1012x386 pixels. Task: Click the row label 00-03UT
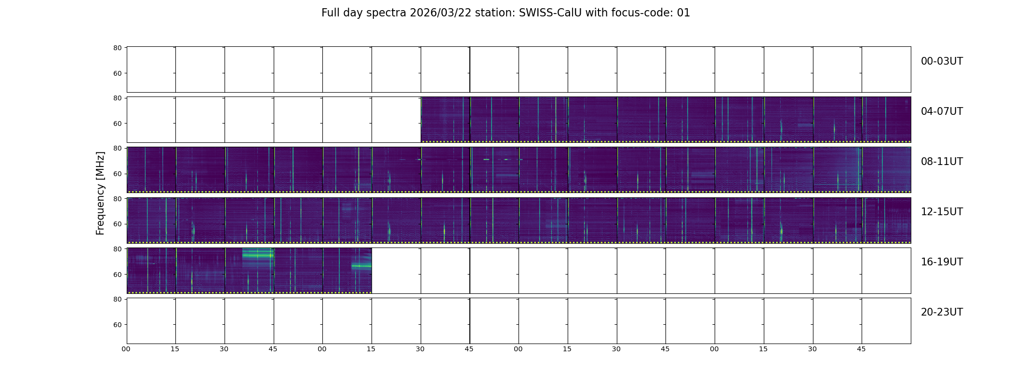(x=942, y=61)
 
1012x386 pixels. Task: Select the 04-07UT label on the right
(x=942, y=111)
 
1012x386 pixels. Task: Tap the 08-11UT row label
(x=942, y=162)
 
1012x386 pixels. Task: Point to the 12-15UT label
(x=942, y=212)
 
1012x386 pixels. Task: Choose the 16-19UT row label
(x=942, y=262)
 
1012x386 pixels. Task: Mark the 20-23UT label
(x=942, y=312)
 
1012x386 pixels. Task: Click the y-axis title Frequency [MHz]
(x=100, y=193)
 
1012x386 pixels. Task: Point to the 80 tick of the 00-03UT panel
(x=117, y=48)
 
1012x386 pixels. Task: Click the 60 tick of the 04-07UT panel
(x=117, y=124)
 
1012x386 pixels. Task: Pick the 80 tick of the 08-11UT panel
(x=117, y=149)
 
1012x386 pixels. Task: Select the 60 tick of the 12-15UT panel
(x=117, y=224)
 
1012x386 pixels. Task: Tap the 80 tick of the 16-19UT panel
(x=117, y=249)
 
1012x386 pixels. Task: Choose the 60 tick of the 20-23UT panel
(x=117, y=325)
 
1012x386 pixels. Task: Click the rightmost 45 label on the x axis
(x=861, y=349)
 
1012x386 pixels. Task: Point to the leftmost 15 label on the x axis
(x=175, y=349)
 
